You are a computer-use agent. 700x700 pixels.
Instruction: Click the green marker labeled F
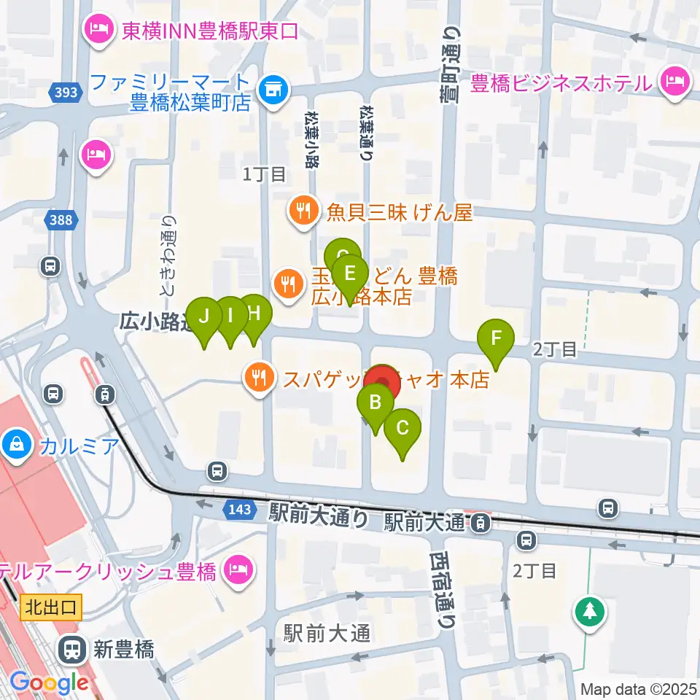[x=496, y=339]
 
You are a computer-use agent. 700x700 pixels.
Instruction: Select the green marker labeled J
[x=205, y=317]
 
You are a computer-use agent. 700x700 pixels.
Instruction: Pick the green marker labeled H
[x=253, y=314]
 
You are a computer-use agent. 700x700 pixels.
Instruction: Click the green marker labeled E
[x=349, y=275]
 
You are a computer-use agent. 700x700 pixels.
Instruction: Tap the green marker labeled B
[x=376, y=403]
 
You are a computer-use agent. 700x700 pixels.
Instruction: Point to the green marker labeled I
[x=230, y=316]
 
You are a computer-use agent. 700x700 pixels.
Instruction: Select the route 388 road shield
[x=61, y=219]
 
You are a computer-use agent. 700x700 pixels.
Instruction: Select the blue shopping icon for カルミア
[x=15, y=443]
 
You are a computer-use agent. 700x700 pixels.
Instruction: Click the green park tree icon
[x=588, y=611]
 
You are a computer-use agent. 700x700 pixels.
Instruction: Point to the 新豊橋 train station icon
[x=72, y=647]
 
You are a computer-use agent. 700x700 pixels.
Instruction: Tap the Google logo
[x=49, y=683]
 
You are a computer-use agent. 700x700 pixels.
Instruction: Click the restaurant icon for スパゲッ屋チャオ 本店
[x=259, y=378]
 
